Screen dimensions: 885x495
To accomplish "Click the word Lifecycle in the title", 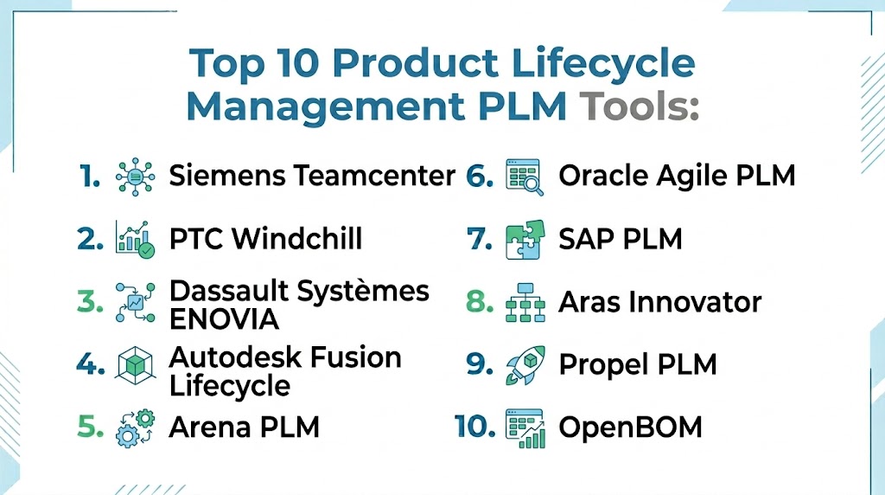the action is [603, 64].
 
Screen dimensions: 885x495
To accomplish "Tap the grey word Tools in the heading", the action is [640, 106].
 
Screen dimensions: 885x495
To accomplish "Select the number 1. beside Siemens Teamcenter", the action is [90, 176].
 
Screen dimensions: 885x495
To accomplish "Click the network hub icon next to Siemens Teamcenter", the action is [135, 177].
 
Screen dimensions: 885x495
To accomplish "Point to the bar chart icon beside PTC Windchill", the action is [135, 239].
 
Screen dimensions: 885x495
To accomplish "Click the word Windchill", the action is [297, 239].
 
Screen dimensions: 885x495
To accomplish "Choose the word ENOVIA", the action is [224, 319].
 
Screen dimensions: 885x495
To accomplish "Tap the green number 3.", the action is [90, 302].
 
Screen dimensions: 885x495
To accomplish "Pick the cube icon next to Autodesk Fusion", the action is [135, 365].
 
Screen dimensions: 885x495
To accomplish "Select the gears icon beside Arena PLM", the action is [135, 428].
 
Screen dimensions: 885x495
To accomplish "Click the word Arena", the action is [209, 427].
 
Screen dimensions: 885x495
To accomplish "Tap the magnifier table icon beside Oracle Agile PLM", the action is [525, 177].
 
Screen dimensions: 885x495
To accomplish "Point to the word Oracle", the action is [602, 176].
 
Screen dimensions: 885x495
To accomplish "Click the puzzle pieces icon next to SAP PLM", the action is [525, 240].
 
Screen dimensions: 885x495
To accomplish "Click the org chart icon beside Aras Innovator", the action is [525, 302].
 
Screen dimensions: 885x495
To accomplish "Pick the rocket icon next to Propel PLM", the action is [525, 365].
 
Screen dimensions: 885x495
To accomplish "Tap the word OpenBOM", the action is [630, 427].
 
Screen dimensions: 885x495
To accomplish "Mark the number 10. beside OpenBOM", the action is [474, 427].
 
